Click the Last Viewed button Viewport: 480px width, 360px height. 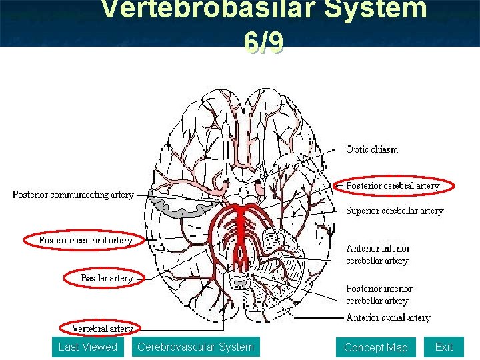click(x=87, y=347)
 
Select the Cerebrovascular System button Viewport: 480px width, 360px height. click(x=195, y=347)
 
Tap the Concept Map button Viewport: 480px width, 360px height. click(x=375, y=347)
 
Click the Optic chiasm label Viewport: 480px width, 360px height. click(x=372, y=149)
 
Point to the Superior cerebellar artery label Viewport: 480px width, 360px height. click(x=394, y=211)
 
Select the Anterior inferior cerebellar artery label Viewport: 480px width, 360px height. click(x=378, y=254)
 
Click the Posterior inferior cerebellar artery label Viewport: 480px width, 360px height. click(x=379, y=295)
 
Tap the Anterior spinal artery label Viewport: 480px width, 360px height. click(x=388, y=317)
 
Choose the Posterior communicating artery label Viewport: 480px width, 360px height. click(x=73, y=195)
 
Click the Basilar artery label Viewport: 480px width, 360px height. click(x=107, y=277)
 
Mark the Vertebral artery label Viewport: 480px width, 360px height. click(x=102, y=328)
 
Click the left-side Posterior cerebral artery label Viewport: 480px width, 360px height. click(x=85, y=240)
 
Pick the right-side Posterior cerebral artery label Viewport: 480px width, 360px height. click(x=393, y=185)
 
